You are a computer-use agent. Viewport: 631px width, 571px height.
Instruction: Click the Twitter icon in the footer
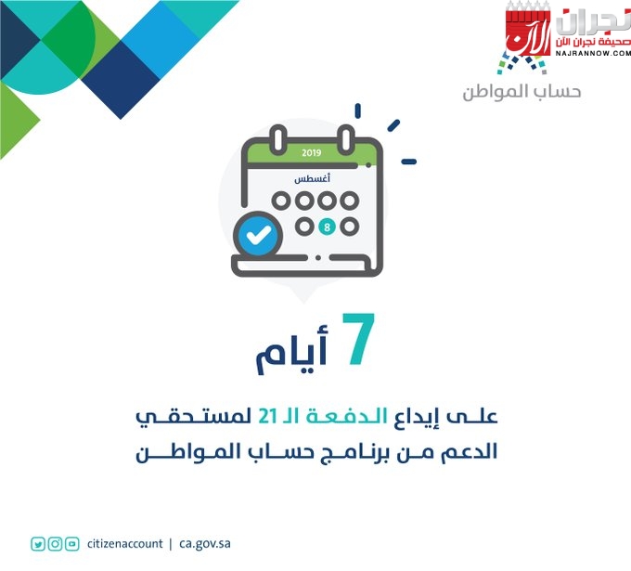click(38, 544)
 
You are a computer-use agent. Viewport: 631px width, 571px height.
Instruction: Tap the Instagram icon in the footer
click(55, 544)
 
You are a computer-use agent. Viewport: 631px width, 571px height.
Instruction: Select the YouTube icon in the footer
click(72, 544)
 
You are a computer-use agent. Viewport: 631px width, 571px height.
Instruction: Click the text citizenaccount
click(124, 544)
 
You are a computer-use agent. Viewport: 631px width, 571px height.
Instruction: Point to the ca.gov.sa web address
click(205, 544)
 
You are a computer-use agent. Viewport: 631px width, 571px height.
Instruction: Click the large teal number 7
click(358, 339)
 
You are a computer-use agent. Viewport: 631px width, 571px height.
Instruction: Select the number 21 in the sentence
click(267, 416)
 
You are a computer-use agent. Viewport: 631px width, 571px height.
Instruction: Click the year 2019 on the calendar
click(312, 152)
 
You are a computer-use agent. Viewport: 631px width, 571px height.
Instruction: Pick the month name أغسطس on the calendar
click(313, 178)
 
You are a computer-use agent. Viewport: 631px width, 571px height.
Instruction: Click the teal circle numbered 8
click(327, 227)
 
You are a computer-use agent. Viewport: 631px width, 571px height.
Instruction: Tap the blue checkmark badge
click(258, 235)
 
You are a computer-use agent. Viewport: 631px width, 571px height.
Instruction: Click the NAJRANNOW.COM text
click(593, 53)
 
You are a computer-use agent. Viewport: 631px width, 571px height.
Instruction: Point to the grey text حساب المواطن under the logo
click(522, 92)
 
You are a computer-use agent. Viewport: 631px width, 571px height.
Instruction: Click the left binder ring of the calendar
click(278, 139)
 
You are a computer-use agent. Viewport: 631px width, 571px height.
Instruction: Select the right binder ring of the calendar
click(346, 139)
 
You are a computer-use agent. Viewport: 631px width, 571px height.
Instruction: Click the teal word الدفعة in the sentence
click(347, 416)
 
